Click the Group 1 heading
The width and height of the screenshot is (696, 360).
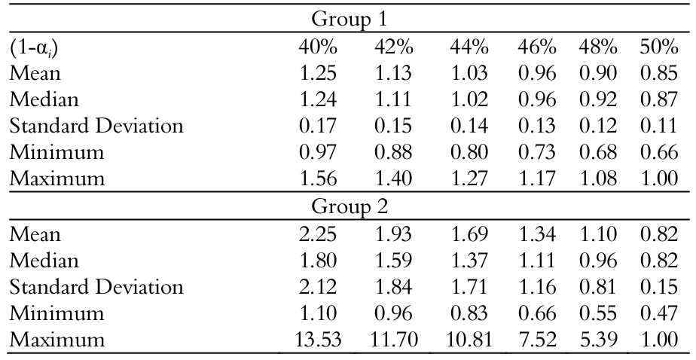pos(347,18)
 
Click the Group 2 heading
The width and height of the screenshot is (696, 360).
pos(347,205)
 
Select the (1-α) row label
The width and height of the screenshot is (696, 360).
pos(35,47)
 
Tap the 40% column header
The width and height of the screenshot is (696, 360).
pos(317,47)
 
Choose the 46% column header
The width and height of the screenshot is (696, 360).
pos(536,47)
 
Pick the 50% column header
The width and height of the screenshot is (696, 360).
pos(659,47)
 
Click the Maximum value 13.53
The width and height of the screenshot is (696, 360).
pos(317,340)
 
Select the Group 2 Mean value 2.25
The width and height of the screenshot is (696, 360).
pos(317,234)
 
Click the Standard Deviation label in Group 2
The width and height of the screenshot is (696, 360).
pos(96,287)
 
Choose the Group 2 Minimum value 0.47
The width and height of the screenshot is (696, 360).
pos(659,313)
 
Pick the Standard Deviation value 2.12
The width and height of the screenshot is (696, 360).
pos(317,287)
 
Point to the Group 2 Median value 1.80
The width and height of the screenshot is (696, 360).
pos(317,261)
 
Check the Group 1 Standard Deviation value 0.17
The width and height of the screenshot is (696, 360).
pos(317,127)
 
